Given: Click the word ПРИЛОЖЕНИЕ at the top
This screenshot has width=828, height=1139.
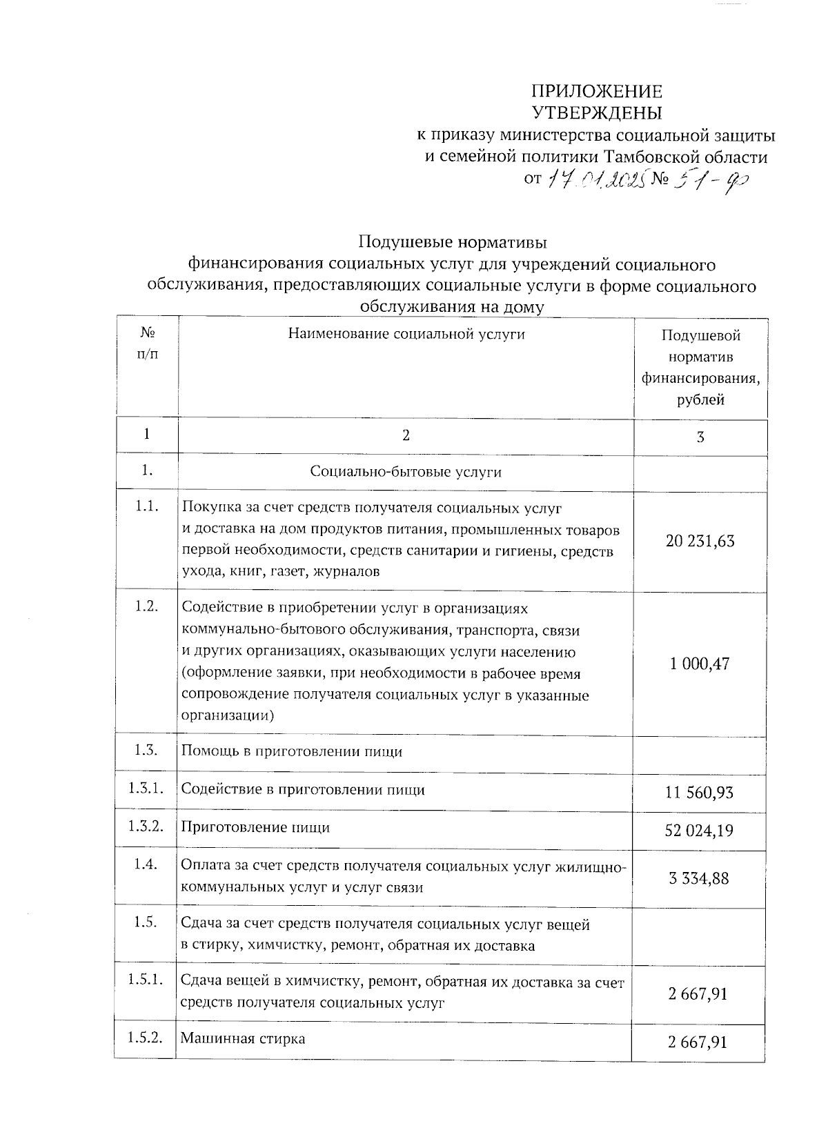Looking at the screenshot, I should point(596,92).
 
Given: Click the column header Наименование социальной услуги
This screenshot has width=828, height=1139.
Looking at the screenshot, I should point(406,335).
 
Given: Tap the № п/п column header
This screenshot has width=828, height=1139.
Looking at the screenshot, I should point(147,344).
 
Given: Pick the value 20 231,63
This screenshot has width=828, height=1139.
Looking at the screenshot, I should point(700,541).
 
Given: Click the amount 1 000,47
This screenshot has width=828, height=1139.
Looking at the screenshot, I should point(699,664).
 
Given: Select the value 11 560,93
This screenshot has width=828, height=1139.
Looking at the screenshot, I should point(699,793).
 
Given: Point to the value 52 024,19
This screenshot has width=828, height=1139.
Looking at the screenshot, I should point(699,831).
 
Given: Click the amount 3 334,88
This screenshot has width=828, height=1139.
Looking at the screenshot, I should point(699,879).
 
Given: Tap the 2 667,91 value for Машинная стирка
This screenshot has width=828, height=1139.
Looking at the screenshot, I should point(698,1042).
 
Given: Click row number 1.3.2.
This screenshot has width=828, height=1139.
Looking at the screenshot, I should point(146,826).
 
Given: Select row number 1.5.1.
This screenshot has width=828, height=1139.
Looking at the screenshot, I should point(146,980).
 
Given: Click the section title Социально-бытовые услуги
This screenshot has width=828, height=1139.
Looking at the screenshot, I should point(406,473).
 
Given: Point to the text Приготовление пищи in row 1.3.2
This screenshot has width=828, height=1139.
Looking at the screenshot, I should point(255,827).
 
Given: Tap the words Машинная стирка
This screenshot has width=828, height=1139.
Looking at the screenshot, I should point(243,1038).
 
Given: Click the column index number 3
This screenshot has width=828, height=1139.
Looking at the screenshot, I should point(700,437).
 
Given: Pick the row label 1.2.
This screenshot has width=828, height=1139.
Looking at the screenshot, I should point(147,606).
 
